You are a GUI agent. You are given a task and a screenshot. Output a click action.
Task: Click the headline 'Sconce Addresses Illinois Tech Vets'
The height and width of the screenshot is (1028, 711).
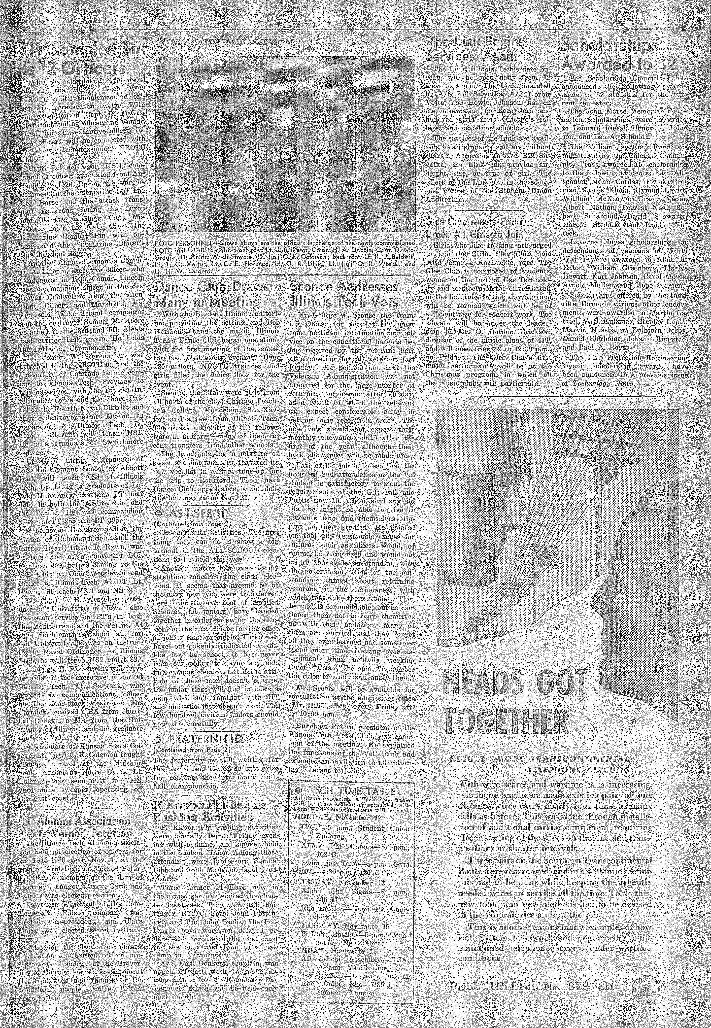pos(344,294)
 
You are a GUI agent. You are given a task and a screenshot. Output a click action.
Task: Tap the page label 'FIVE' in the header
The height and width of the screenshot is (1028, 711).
pos(677,28)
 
